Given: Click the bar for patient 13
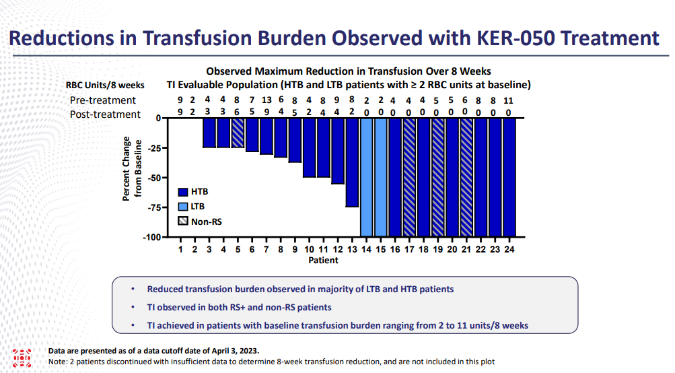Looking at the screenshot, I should [352, 162].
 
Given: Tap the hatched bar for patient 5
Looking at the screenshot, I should [238, 133].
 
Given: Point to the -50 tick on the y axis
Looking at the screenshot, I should [167, 178].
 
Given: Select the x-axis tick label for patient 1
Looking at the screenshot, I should [181, 249].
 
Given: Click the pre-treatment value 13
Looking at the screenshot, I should [267, 100].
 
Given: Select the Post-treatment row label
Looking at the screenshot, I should [105, 114].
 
